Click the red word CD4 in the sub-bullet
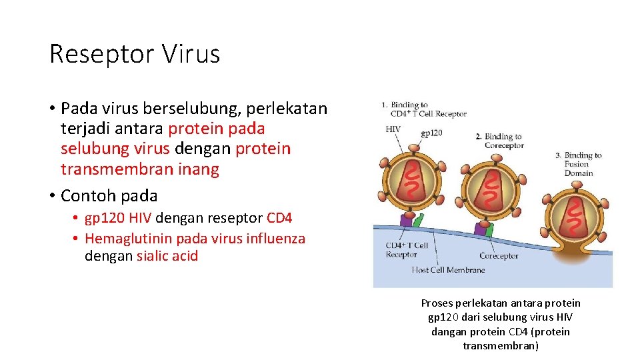(x=279, y=218)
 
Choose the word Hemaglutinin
(x=129, y=239)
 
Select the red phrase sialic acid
(x=167, y=256)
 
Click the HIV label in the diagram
(x=393, y=129)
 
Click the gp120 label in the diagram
(x=431, y=133)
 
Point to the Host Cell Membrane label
(x=448, y=270)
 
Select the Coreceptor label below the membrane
(x=499, y=255)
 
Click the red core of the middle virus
(x=491, y=189)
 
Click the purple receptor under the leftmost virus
(x=406, y=218)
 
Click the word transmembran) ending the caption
(x=501, y=345)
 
